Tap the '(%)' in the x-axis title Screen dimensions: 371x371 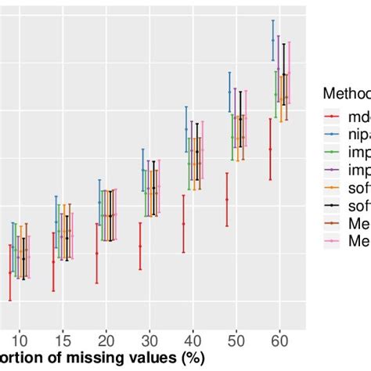tap(189, 358)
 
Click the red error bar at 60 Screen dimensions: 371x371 tap(271, 149)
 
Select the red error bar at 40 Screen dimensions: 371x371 tap(184, 223)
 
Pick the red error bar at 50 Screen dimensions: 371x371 tap(227, 200)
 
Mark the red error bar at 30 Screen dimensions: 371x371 tap(140, 245)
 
